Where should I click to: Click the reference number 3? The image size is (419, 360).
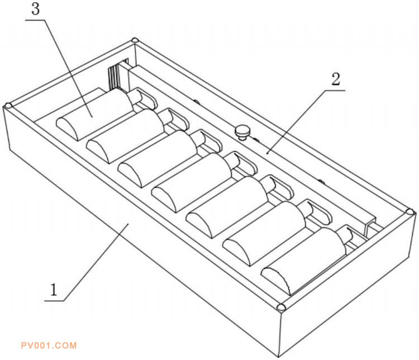(x=36, y=9)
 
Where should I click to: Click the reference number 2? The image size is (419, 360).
(x=336, y=79)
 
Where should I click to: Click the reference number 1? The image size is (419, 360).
(x=54, y=290)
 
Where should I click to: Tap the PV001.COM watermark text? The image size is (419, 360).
(x=49, y=345)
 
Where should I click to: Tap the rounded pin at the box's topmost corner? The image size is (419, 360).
(x=135, y=41)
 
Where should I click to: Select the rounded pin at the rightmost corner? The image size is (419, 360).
(x=410, y=212)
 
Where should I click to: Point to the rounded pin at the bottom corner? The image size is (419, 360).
(x=280, y=307)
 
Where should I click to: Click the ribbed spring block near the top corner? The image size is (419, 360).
(x=115, y=77)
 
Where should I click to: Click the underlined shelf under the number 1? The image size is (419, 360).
(x=54, y=301)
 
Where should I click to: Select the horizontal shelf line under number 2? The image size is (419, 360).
(x=335, y=91)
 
